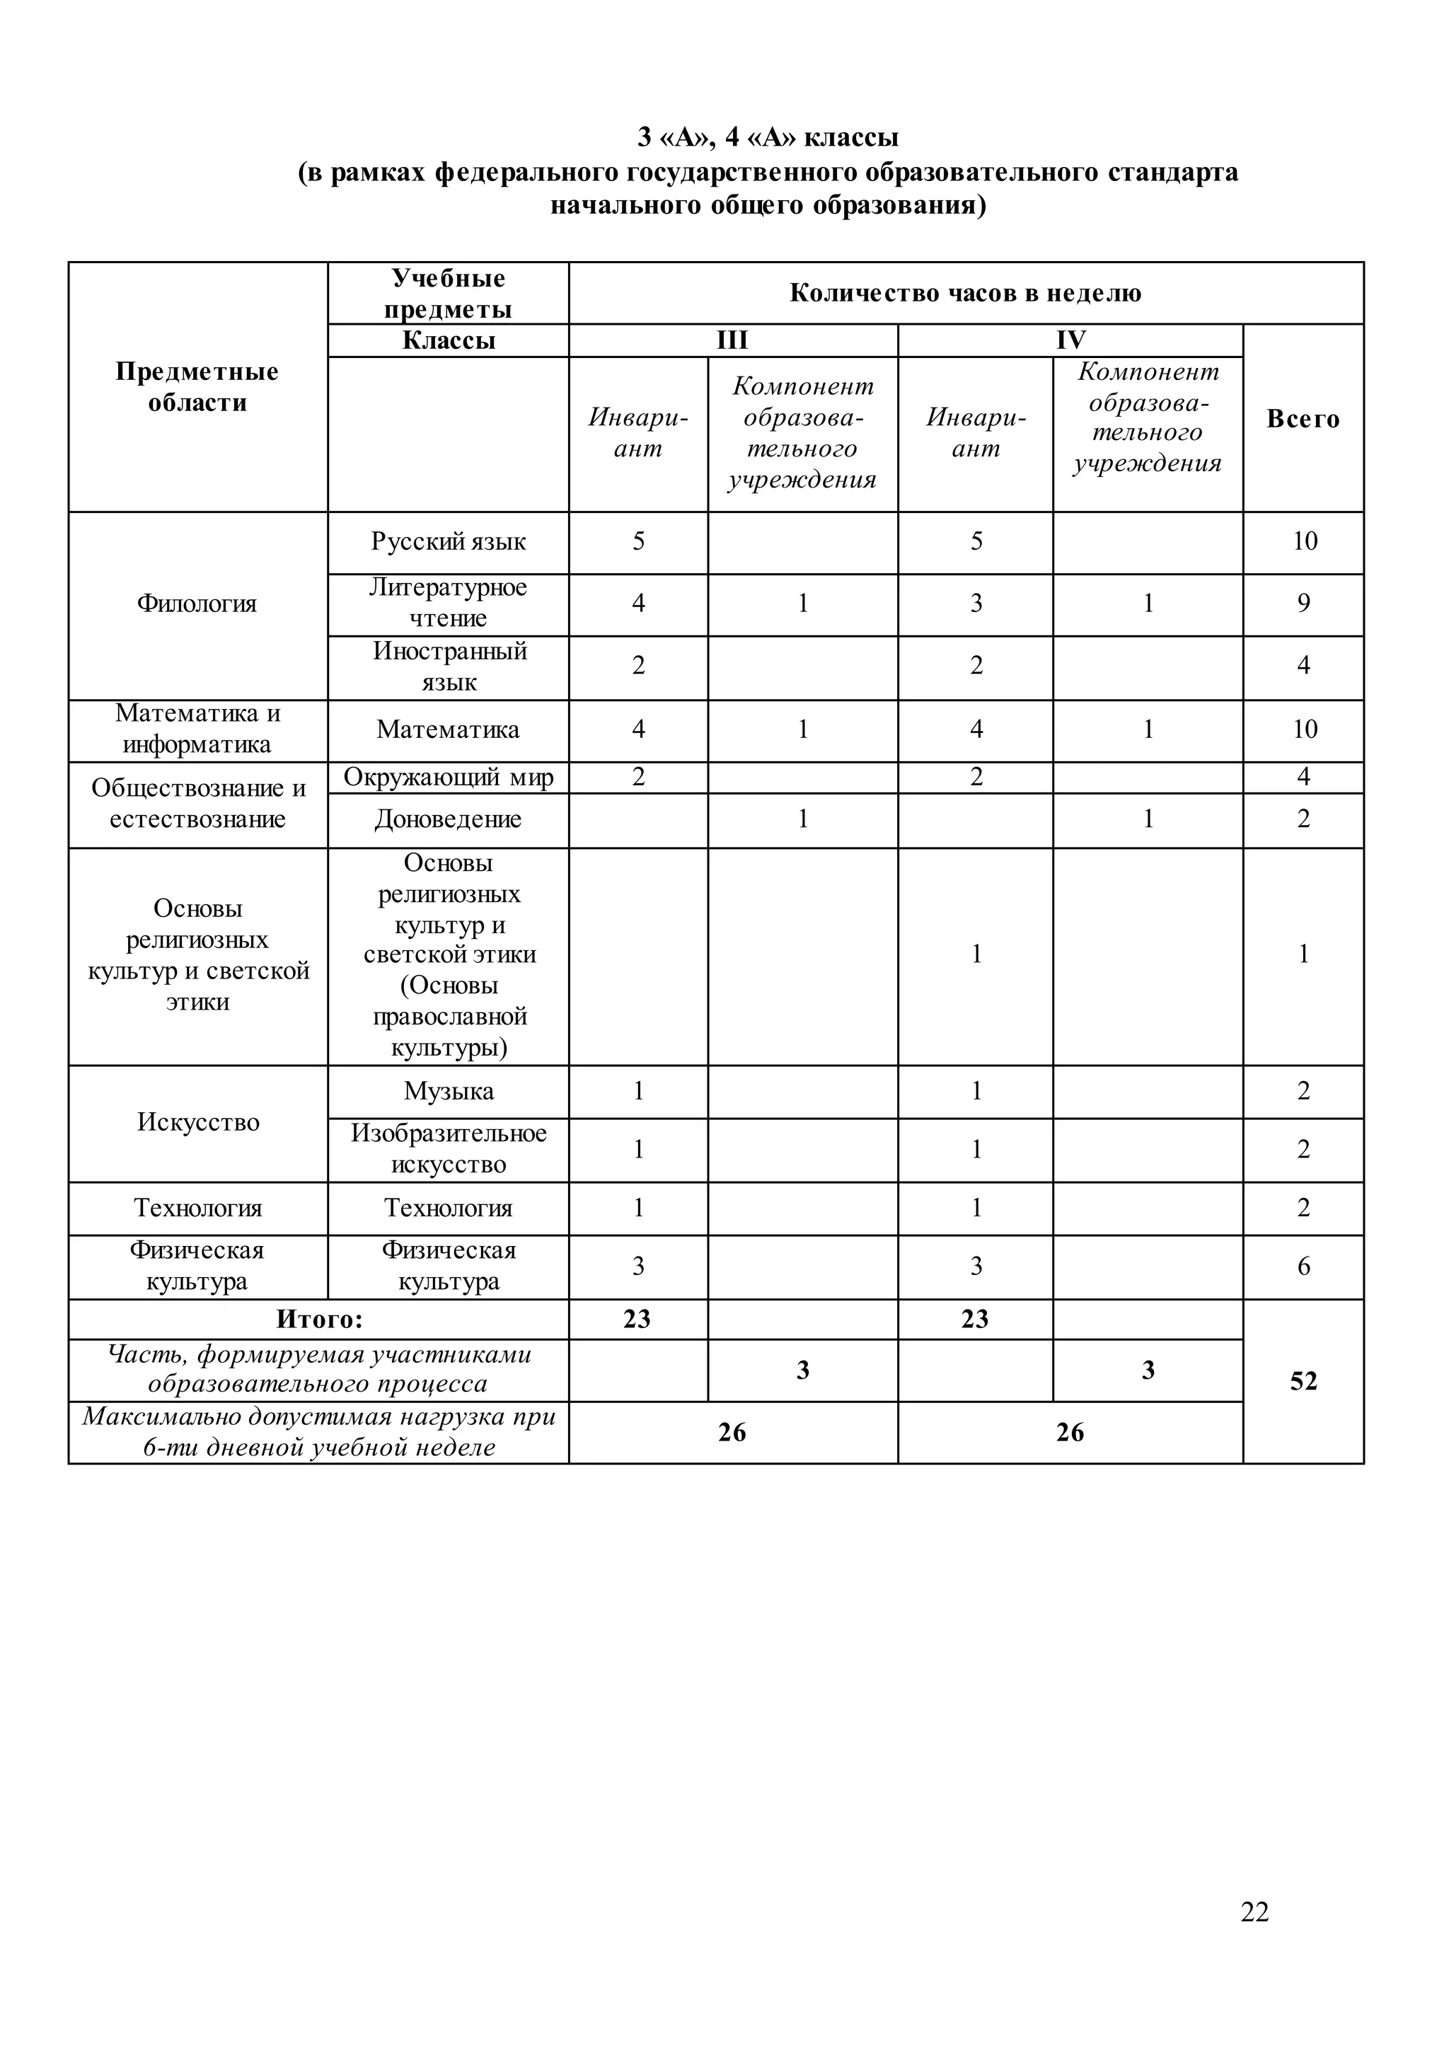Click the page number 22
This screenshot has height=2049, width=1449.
point(1254,1910)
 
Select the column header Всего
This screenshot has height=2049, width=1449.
point(1303,419)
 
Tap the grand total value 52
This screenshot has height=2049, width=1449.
point(1303,1380)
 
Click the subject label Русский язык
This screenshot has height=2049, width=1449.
point(448,542)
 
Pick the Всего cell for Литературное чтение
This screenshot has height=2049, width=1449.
point(1303,604)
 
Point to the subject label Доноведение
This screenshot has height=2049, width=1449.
point(448,819)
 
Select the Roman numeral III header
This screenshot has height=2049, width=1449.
point(732,340)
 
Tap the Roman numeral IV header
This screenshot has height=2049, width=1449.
point(1070,340)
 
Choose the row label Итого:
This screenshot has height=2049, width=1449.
point(319,1319)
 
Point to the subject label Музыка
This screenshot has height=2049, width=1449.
point(448,1090)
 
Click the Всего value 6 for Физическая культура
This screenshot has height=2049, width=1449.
point(1303,1266)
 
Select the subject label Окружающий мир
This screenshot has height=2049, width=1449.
point(448,778)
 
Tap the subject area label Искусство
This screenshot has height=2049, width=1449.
point(198,1121)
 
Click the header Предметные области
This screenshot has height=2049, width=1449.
point(197,386)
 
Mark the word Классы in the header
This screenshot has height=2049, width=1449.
point(448,340)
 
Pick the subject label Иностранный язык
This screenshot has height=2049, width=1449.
point(449,666)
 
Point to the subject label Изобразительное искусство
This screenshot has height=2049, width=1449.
point(448,1148)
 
